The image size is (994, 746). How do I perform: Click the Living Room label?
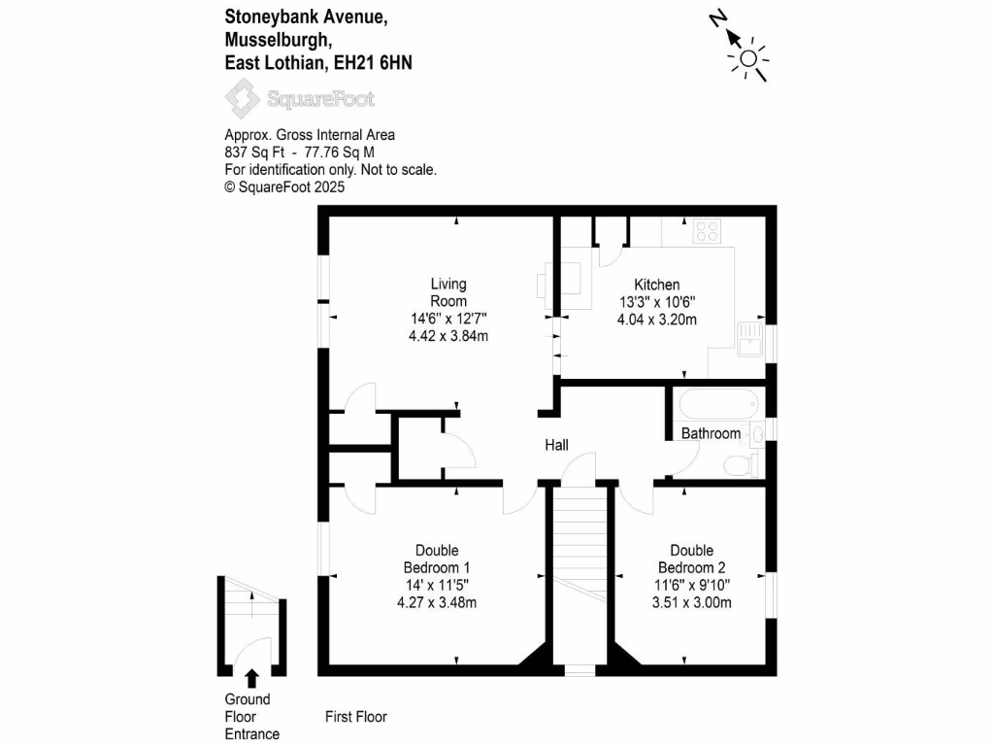tap(448, 292)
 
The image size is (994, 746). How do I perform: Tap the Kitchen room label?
tap(657, 285)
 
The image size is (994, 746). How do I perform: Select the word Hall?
tap(556, 445)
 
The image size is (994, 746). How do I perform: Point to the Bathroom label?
tap(711, 433)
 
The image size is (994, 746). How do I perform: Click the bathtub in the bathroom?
tap(712, 403)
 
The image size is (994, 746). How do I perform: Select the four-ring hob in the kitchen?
tap(706, 231)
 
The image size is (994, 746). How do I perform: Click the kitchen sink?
tap(747, 340)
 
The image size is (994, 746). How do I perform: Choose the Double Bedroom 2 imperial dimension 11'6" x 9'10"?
tap(691, 585)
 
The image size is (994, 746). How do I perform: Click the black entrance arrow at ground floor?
tap(252, 677)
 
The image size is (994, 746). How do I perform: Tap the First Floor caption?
tap(355, 717)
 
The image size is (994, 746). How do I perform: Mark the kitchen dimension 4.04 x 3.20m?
tap(657, 319)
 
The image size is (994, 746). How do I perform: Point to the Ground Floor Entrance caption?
tap(251, 717)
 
